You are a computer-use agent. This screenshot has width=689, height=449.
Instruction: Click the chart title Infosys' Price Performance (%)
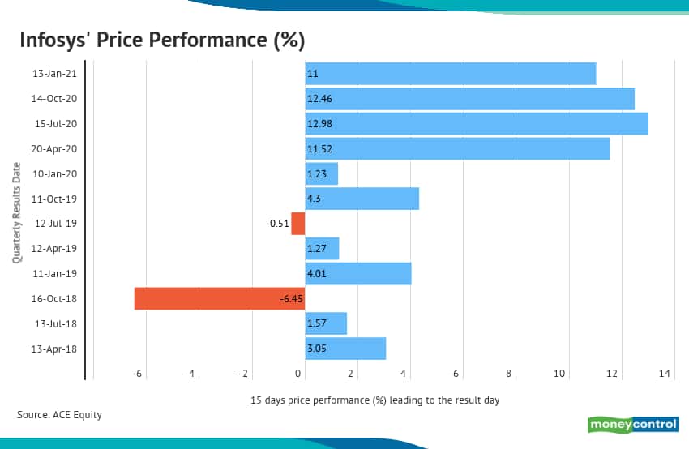(x=161, y=40)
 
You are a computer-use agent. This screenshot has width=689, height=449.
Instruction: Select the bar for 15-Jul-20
(x=477, y=123)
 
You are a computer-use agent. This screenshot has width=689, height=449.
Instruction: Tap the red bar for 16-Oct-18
(x=219, y=298)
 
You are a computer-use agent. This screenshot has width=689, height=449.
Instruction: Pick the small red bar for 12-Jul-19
(x=298, y=223)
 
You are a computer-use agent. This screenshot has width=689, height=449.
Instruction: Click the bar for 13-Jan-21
(x=451, y=74)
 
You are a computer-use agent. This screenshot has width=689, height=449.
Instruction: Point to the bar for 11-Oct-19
(x=362, y=199)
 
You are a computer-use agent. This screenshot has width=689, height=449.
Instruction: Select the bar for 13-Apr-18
(x=345, y=349)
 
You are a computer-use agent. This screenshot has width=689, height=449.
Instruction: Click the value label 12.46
(x=319, y=99)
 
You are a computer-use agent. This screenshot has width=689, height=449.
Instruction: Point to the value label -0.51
(x=277, y=224)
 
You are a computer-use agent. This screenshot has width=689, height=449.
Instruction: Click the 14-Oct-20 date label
(x=53, y=99)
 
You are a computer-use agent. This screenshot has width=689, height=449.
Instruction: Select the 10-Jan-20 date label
(x=53, y=173)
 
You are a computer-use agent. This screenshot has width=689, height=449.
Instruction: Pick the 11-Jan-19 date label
(x=53, y=274)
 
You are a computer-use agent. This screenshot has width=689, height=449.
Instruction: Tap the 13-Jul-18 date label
(x=53, y=323)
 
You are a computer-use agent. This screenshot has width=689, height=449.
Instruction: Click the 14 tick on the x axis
(x=665, y=373)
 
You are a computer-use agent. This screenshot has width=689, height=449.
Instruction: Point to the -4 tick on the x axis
(x=190, y=373)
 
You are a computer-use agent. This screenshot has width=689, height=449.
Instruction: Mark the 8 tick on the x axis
(x=509, y=373)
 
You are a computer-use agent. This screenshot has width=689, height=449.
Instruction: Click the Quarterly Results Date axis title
(x=17, y=210)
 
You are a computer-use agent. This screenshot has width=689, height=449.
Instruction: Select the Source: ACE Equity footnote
(x=60, y=415)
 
